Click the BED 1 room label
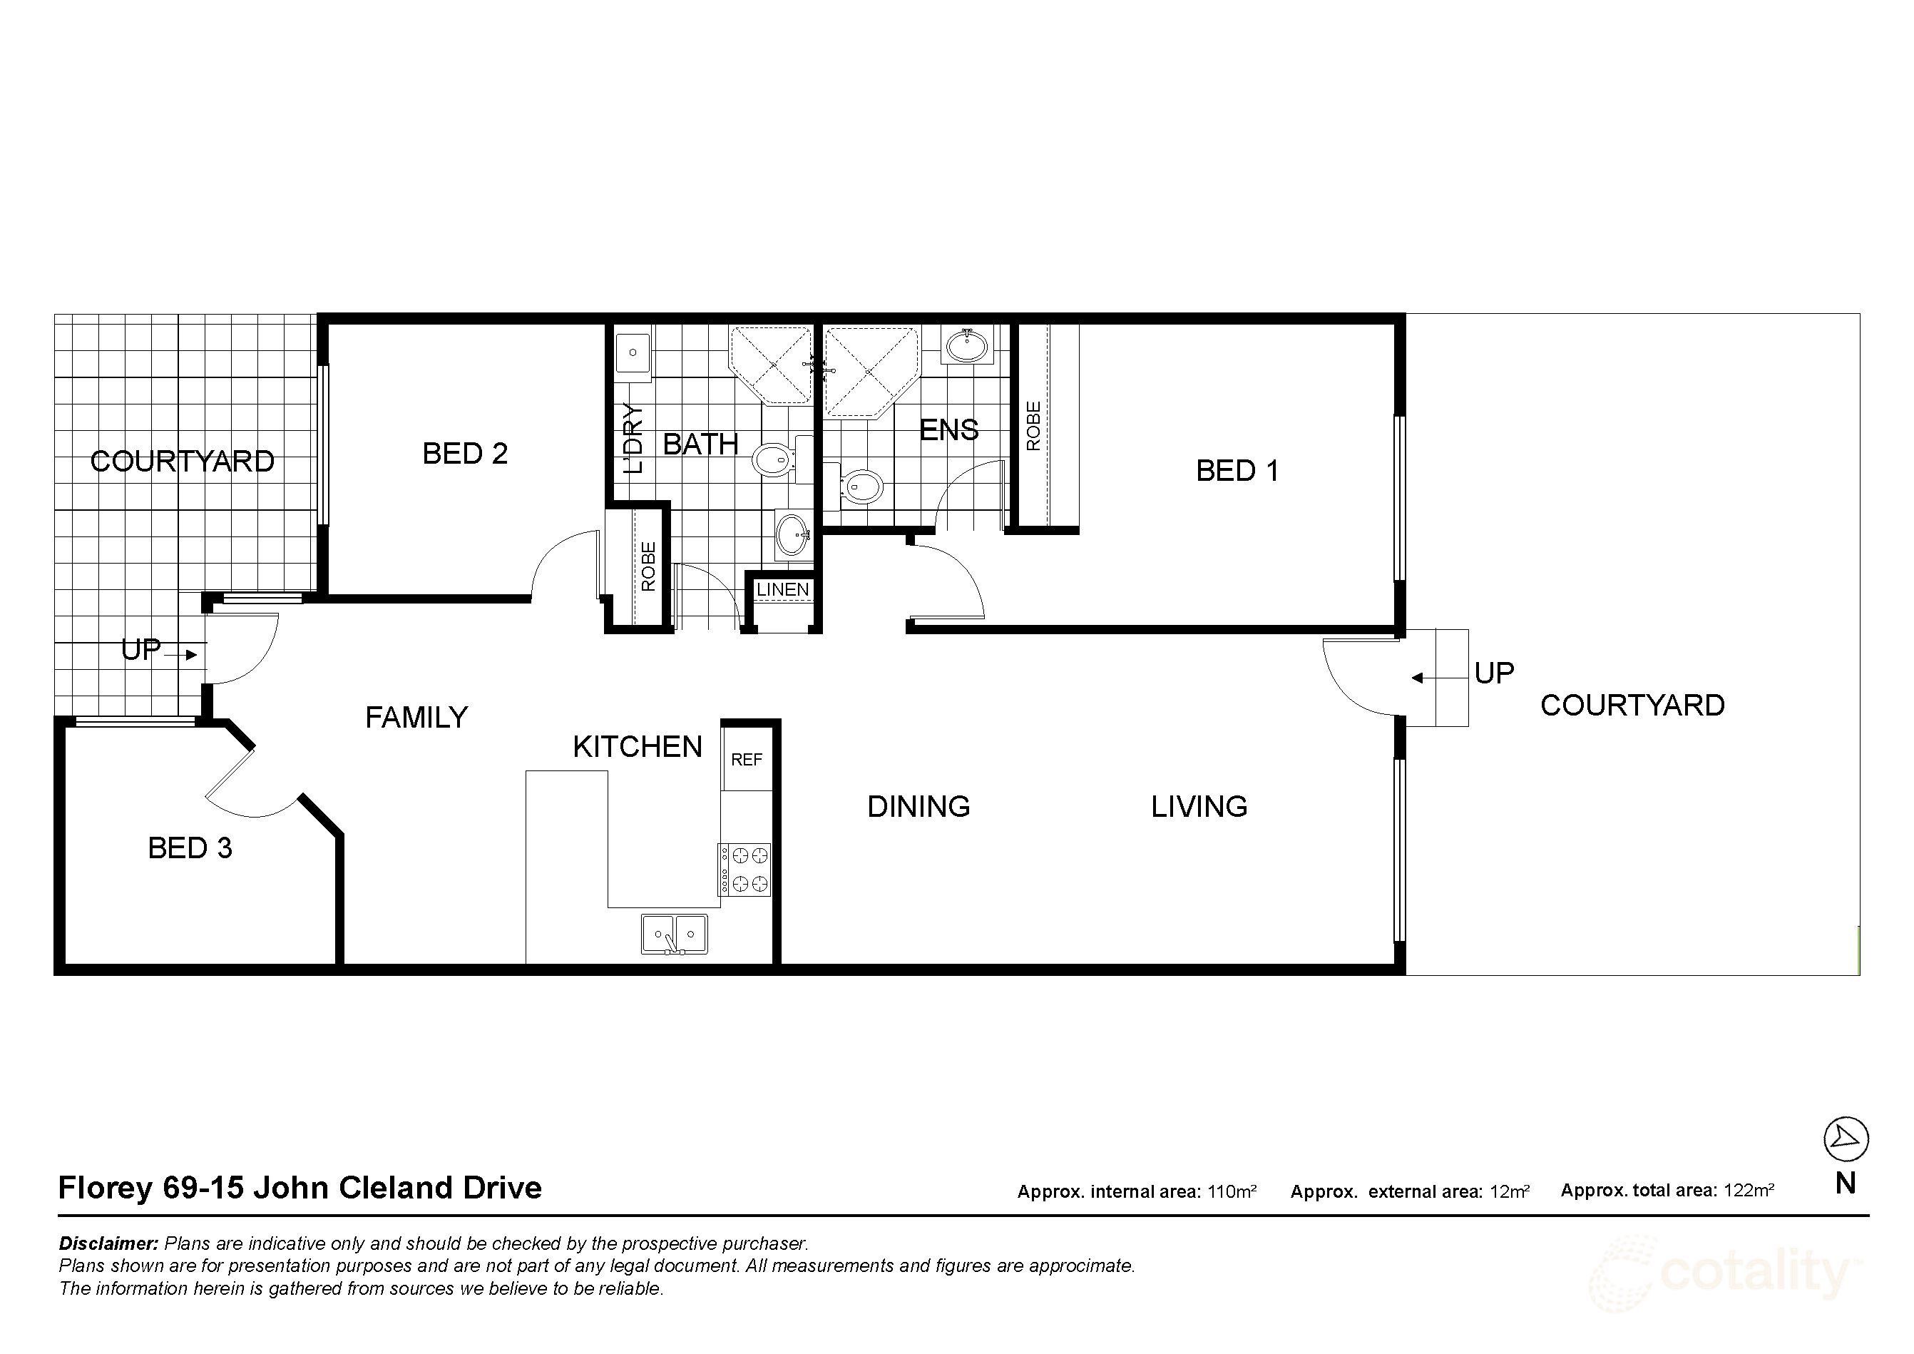(x=1237, y=471)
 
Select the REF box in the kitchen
(x=746, y=760)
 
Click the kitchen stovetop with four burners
(x=745, y=870)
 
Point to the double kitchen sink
(x=674, y=934)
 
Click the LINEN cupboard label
(x=782, y=589)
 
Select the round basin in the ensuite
(x=967, y=345)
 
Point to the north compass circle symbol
(x=1846, y=1139)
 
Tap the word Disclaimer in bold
(x=108, y=1244)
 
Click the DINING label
(x=918, y=806)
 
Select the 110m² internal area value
(x=1232, y=1191)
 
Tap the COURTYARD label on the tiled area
(x=182, y=461)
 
